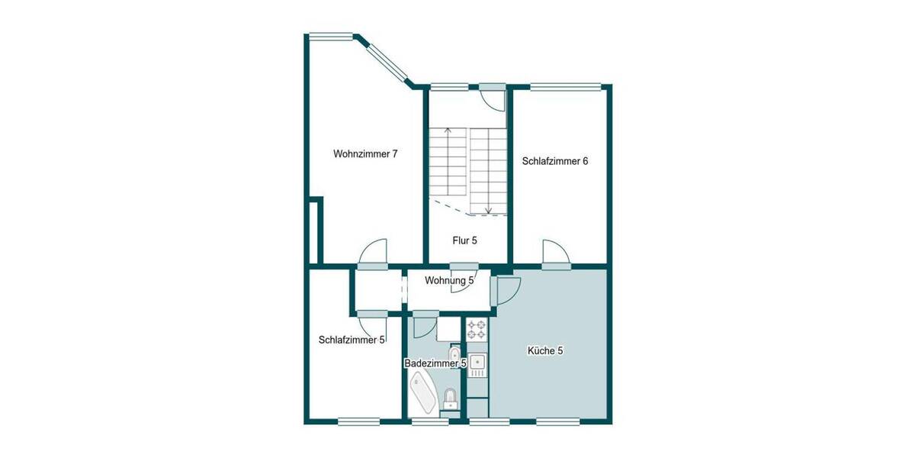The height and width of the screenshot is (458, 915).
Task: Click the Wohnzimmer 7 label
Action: click(365, 153)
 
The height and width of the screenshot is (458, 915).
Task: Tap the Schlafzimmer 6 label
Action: click(554, 161)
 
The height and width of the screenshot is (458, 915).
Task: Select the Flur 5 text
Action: click(464, 240)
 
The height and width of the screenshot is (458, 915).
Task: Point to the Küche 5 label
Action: click(545, 351)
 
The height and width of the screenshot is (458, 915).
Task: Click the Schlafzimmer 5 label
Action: click(352, 340)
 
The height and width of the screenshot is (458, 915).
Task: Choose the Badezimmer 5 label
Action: click(435, 364)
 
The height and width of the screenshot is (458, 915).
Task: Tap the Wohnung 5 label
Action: click(449, 280)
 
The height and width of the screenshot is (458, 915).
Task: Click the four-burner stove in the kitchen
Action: click(477, 329)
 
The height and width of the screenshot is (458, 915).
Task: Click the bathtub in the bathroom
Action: click(422, 392)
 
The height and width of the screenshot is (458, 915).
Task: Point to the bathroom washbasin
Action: click(455, 355)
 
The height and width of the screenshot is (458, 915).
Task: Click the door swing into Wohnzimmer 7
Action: click(373, 252)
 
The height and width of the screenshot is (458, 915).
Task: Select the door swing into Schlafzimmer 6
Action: click(554, 253)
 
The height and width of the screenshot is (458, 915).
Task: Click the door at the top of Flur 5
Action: click(493, 98)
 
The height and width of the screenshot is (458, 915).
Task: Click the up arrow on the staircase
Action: click(448, 134)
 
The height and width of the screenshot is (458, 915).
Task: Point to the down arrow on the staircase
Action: click(488, 207)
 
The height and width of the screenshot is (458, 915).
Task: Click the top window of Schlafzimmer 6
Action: click(565, 86)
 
